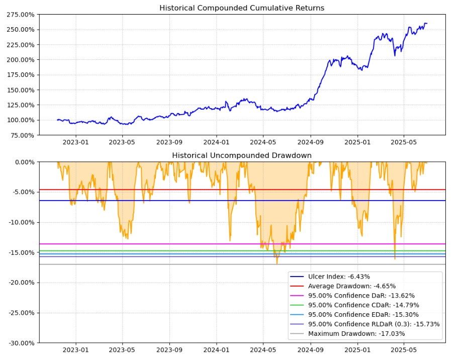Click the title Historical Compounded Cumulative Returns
pos(242,8)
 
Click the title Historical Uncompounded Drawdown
pos(242,155)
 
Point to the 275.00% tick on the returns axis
pos(21,15)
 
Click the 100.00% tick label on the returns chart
pos(21,120)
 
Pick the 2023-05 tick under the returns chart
pos(122,143)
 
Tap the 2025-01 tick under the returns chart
pos(357,143)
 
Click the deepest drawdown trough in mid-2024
pos(276,263)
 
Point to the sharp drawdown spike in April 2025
pos(395,258)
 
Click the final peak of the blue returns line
pos(425,23)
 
